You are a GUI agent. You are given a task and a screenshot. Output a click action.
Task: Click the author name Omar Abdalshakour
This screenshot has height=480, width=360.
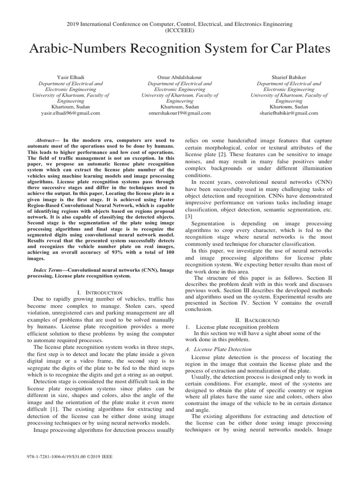point(180,77)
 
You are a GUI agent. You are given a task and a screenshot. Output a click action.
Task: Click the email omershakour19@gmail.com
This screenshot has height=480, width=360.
point(180,113)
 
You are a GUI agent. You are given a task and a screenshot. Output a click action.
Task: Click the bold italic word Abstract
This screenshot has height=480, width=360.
point(46,140)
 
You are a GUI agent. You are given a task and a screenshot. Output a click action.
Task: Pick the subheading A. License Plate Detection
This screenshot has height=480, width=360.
point(218,349)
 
